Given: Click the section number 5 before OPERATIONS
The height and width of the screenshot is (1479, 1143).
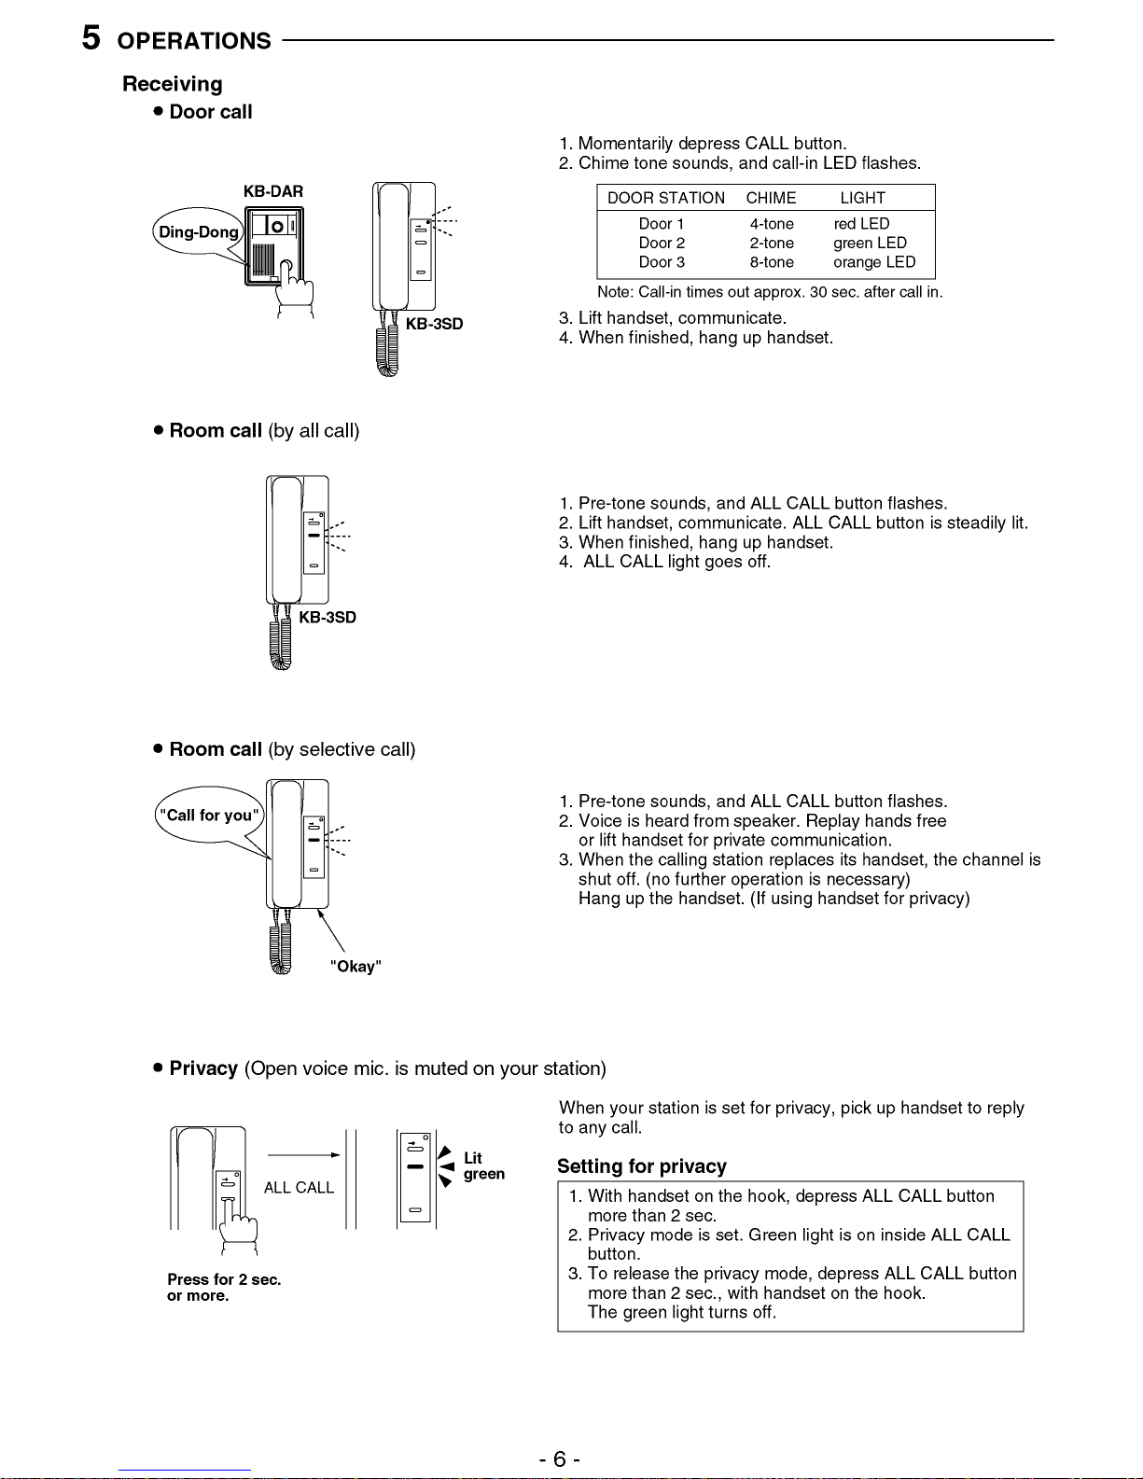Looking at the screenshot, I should point(91,38).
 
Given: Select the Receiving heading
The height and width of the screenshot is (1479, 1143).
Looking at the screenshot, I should point(173,84).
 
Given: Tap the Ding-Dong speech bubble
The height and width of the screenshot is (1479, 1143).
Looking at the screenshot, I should point(198,232).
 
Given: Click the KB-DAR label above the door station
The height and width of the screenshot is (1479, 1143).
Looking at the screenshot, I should point(273,191).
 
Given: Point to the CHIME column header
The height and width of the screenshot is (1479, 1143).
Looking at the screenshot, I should point(771,198).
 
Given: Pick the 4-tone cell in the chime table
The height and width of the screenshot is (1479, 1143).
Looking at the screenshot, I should point(772,224).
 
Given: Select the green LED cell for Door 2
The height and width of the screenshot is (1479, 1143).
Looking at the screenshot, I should point(870,243).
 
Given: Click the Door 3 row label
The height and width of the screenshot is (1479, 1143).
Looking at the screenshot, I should point(662,262).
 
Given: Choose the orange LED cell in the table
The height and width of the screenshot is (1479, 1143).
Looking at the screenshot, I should point(874,262).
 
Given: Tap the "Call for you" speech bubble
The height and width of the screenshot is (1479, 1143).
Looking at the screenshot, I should point(209,816).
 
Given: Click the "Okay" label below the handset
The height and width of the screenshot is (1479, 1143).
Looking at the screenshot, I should point(355,967).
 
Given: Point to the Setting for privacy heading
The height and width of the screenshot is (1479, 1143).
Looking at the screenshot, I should point(642,1166).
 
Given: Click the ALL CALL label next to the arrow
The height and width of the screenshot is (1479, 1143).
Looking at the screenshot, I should point(299,1188).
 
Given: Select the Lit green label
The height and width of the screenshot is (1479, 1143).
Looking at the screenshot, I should point(483,1166).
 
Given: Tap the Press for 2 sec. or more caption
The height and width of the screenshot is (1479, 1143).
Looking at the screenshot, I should point(224,1288).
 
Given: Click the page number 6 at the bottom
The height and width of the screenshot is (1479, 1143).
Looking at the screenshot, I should point(559,1459).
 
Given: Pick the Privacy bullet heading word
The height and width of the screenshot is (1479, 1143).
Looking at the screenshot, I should point(203,1068).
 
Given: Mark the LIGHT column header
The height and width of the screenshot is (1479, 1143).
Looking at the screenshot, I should point(862,198).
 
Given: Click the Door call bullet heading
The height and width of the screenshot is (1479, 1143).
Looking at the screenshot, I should point(211,112).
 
